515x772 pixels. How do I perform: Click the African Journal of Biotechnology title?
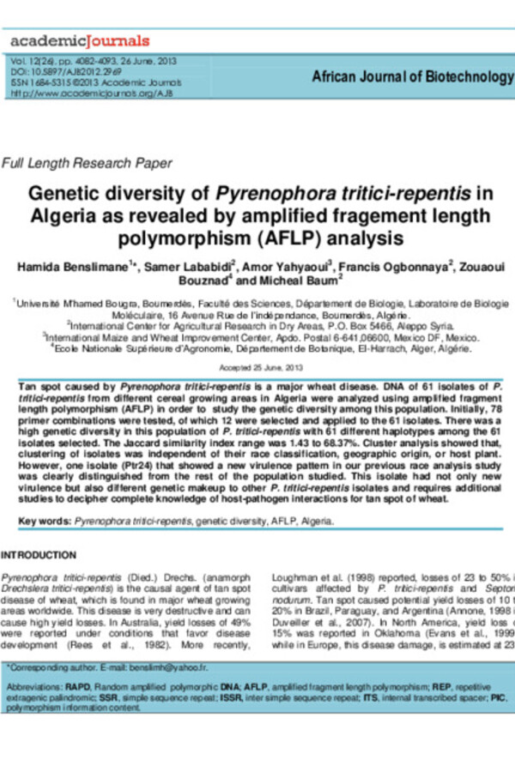(x=412, y=77)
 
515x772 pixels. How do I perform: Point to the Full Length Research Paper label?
(x=88, y=163)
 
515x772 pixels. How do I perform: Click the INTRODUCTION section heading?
(x=39, y=555)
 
